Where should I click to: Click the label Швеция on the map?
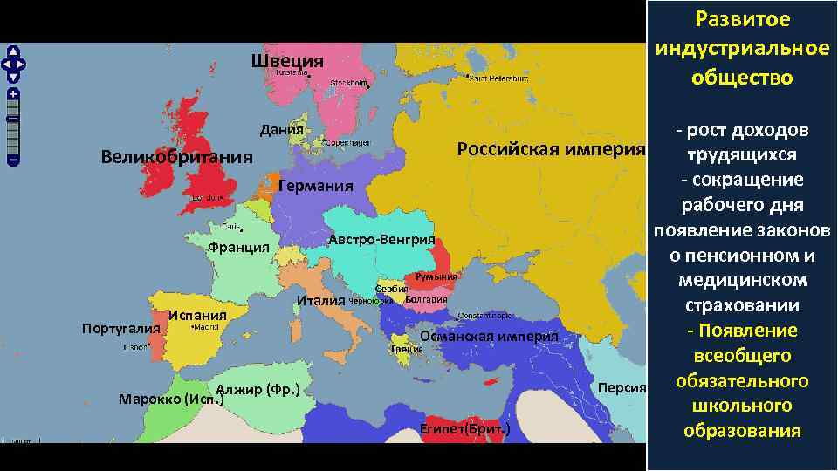pyautogui.click(x=287, y=61)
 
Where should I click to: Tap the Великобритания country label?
pyautogui.click(x=176, y=158)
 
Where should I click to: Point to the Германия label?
pyautogui.click(x=315, y=186)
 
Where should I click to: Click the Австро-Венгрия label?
pyautogui.click(x=381, y=240)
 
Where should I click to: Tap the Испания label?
pyautogui.click(x=198, y=315)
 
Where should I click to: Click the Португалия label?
pyautogui.click(x=120, y=329)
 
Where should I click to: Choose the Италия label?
pyautogui.click(x=320, y=301)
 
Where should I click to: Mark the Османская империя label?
pyautogui.click(x=489, y=337)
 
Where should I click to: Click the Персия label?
pyautogui.click(x=622, y=387)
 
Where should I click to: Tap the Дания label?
pyautogui.click(x=281, y=130)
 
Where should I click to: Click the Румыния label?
pyautogui.click(x=436, y=277)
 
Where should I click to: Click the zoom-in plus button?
pyautogui.click(x=14, y=93)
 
